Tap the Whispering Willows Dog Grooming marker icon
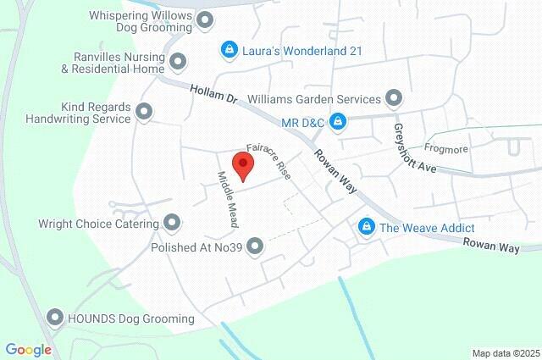point(204,19)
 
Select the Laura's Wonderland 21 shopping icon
point(228,51)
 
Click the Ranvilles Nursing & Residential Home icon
point(178,61)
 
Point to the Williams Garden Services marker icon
point(394,97)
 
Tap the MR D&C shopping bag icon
point(338,123)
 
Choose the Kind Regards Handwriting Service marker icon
point(145,112)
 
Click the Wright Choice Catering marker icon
point(172,224)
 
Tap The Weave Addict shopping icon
point(366,227)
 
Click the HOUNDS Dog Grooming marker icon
point(55,318)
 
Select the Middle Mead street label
point(226,198)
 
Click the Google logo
point(28,350)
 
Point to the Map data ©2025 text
point(506,353)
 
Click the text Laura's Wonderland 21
point(302,51)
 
